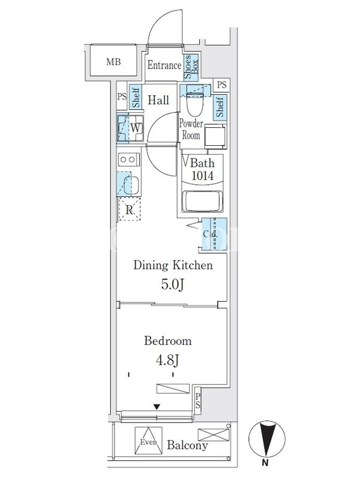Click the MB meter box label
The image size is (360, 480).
coord(113,62)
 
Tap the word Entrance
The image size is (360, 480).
coord(164,65)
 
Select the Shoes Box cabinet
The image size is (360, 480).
coord(191,67)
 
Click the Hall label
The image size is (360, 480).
coord(158,100)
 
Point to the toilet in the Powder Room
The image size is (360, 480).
coord(195,103)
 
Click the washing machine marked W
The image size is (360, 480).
coord(130,128)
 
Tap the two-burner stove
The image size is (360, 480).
coord(129,160)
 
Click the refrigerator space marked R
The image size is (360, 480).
coord(130,209)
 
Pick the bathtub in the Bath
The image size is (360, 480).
coord(202,201)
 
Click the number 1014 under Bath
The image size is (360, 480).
coord(203,176)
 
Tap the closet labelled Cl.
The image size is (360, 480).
coord(214,234)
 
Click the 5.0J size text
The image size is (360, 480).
coord(173,284)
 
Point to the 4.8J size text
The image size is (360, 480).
coord(167,361)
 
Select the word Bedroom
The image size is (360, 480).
coord(168,341)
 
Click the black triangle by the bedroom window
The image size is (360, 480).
coord(157,407)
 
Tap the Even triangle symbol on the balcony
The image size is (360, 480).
coord(148,441)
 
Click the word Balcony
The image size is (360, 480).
coord(187,445)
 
